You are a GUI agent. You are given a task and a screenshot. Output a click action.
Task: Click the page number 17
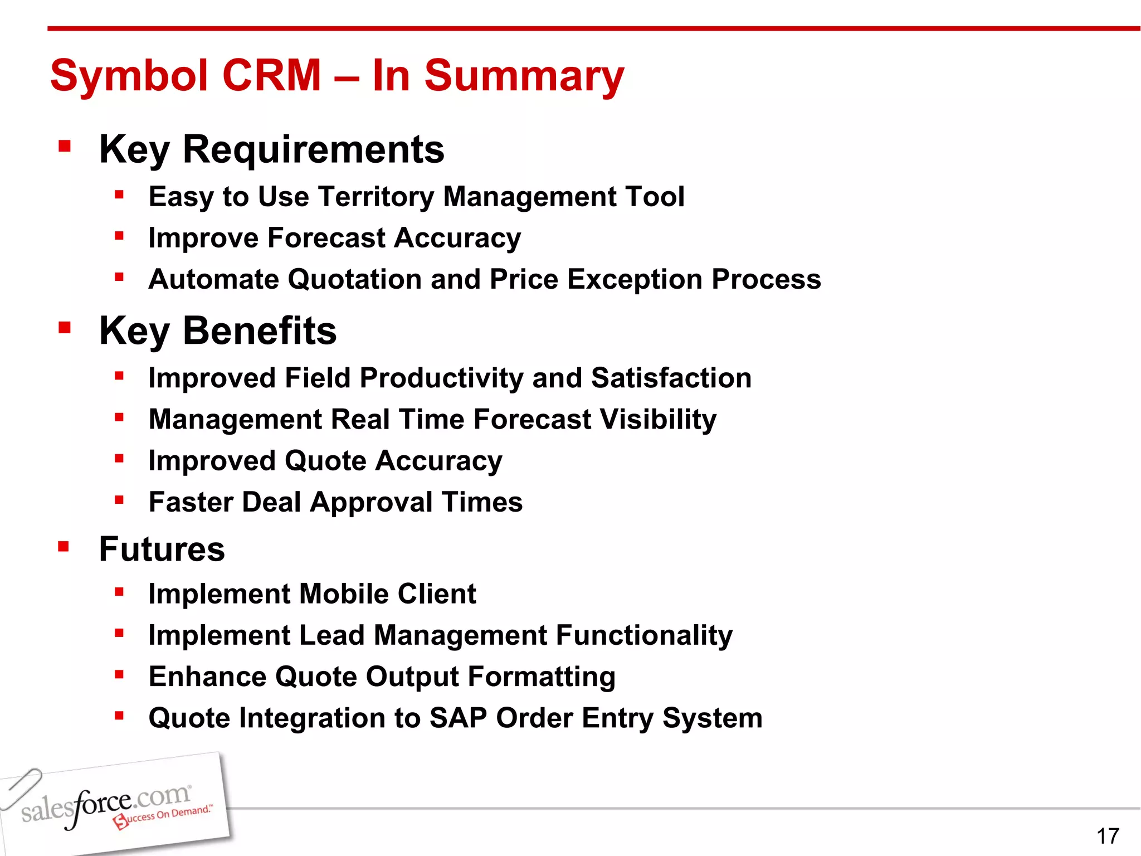point(1108,836)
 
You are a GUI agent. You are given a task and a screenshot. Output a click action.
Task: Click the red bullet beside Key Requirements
point(65,147)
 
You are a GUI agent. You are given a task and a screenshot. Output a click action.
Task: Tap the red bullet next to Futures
point(64,546)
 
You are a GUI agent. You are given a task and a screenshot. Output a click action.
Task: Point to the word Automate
point(213,279)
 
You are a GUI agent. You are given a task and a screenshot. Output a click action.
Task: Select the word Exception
point(635,279)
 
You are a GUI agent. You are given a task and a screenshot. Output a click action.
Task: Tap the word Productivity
point(441,378)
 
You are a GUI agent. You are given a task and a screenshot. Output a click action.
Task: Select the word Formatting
point(541,677)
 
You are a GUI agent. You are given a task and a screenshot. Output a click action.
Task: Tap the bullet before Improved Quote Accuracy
point(119,459)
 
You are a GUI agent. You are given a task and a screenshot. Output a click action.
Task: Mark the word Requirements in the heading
point(313,149)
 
